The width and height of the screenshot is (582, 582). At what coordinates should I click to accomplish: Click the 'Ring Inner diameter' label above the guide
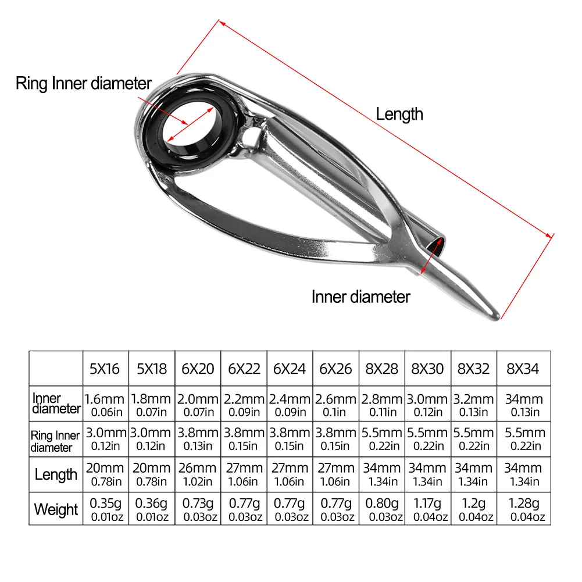pos(83,83)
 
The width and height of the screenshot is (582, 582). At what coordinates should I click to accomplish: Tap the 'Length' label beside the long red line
pos(399,114)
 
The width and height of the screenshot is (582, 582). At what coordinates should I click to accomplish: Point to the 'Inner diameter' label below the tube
pos(360,297)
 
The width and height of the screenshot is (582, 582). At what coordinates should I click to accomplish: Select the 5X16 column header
pos(105,369)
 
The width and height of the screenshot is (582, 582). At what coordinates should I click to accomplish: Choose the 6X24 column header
pos(290,369)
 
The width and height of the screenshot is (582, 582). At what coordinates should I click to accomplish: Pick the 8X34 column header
pos(523,369)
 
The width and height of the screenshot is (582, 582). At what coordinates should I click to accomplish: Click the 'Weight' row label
pos(56,509)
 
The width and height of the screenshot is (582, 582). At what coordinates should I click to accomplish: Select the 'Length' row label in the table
pos(56,474)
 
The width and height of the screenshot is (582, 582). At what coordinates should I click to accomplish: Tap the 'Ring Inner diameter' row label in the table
pos(55,441)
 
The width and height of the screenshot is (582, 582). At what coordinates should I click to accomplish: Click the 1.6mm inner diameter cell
pos(105,404)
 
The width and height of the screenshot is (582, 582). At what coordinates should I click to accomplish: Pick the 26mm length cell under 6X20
pos(197,474)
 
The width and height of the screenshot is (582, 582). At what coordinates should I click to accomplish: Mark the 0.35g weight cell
pos(105,509)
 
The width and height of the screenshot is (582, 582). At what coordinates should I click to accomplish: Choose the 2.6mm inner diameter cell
pos(335,404)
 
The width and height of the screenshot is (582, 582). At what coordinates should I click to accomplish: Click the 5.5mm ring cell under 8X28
pos(381,439)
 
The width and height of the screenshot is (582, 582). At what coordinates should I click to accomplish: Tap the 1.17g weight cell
pos(427,509)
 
